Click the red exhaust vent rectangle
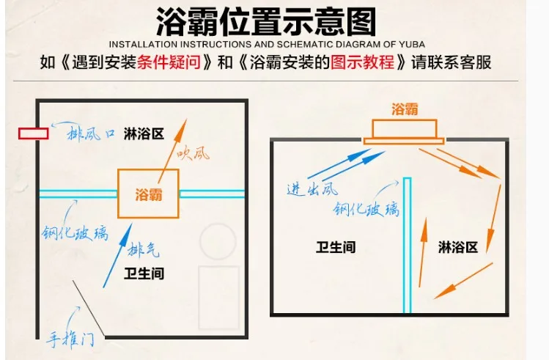click(34, 133)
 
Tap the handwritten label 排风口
click(91, 133)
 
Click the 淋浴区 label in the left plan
click(144, 133)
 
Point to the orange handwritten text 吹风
click(194, 154)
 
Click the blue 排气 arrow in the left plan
click(117, 255)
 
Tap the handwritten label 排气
click(143, 249)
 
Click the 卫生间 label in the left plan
click(144, 273)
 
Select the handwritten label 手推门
click(70, 339)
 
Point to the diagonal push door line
click(89, 309)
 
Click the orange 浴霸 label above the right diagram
click(405, 109)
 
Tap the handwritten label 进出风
click(312, 189)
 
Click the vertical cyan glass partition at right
click(407, 245)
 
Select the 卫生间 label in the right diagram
click(336, 247)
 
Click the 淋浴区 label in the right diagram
click(458, 247)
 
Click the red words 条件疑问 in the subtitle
click(169, 62)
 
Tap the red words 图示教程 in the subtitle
click(362, 62)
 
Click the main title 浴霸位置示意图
click(266, 22)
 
